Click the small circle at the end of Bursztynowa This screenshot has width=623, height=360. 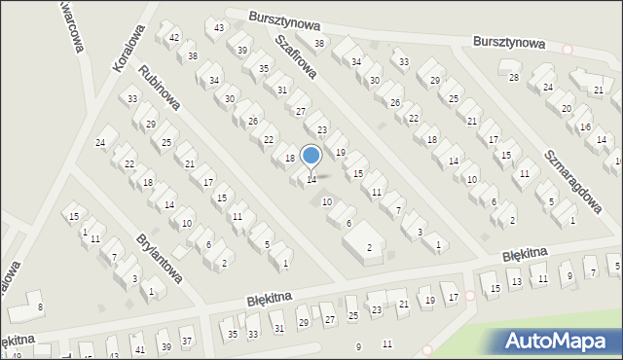[568, 48]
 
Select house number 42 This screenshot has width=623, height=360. [174, 38]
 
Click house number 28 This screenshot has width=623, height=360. [514, 77]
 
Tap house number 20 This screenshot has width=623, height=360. [567, 108]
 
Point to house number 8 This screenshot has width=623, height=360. [40, 307]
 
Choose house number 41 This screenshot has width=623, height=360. [140, 348]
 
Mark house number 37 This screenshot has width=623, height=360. [187, 342]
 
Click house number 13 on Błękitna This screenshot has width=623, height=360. [517, 281]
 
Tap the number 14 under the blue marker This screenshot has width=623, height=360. [311, 179]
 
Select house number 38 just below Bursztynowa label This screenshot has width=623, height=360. [318, 44]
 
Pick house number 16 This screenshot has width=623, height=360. [585, 127]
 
